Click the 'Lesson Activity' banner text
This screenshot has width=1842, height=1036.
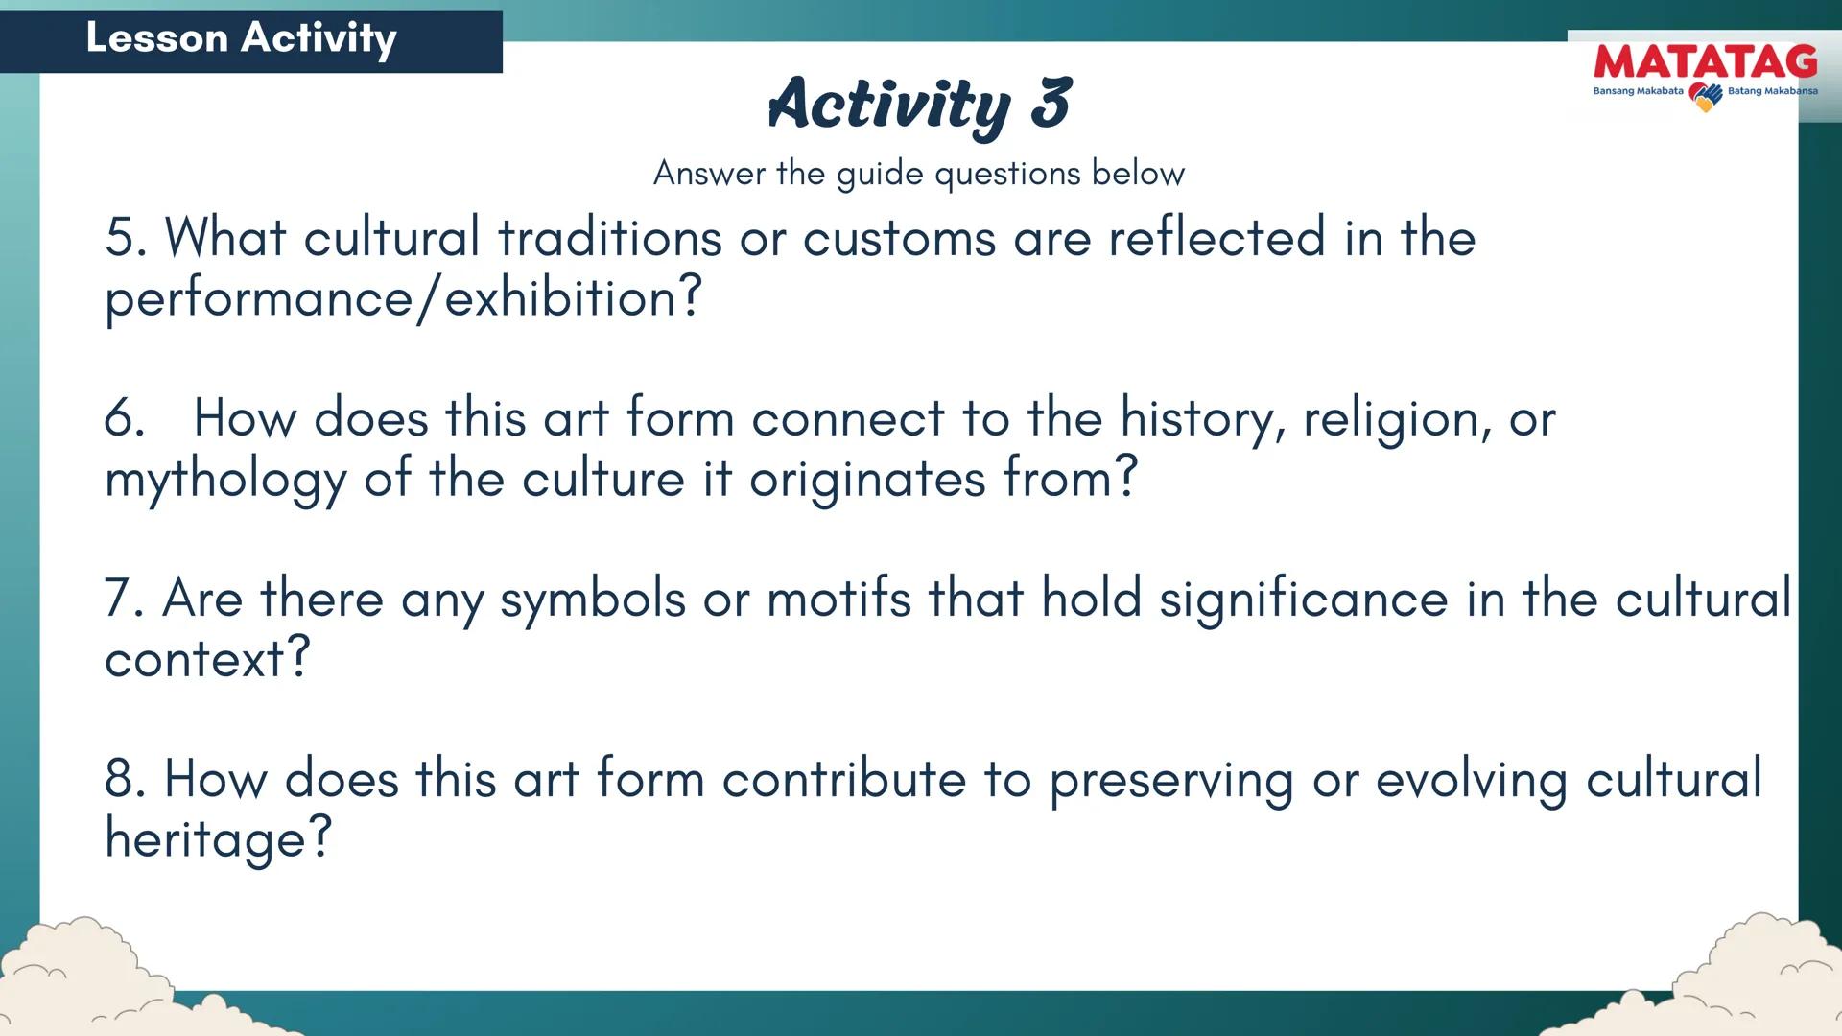click(x=241, y=38)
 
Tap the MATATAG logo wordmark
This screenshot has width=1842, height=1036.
click(x=1705, y=62)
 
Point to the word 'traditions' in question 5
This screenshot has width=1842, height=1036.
click(x=609, y=237)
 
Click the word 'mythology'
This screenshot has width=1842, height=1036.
click(x=225, y=480)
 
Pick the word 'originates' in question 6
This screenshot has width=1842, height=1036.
click(x=867, y=480)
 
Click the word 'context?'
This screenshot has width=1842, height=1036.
click(x=207, y=659)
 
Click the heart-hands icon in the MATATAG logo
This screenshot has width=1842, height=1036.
click(x=1705, y=96)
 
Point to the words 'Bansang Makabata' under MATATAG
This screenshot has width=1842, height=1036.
click(x=1638, y=91)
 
